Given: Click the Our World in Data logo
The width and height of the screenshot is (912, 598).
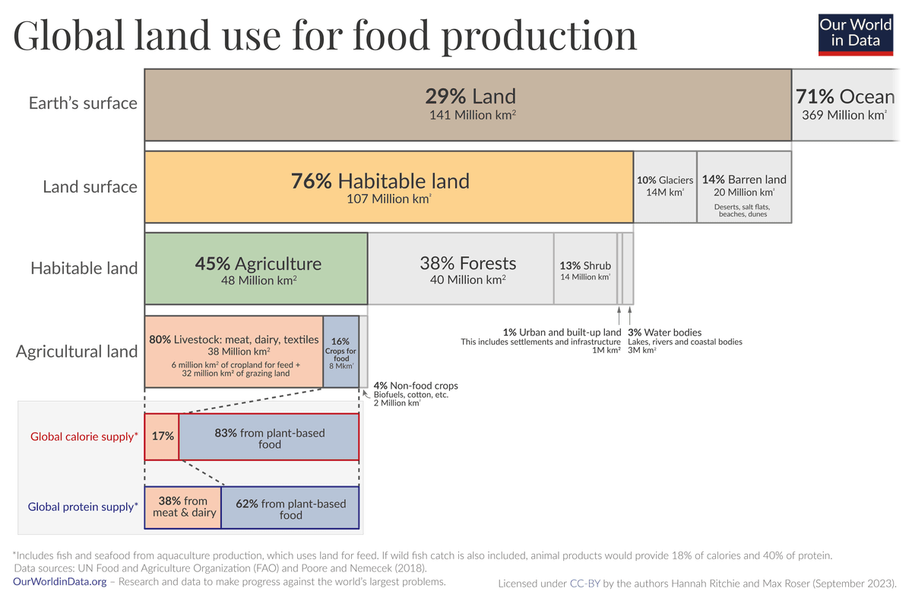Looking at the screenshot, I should coord(854,33).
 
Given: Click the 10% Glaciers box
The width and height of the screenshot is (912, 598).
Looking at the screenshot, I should coord(665,186).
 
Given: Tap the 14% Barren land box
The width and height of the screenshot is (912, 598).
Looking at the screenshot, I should coord(744,186).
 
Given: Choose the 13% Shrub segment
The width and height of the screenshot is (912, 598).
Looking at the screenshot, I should coord(585,269).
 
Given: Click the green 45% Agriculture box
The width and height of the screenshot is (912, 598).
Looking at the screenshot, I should coord(256,269).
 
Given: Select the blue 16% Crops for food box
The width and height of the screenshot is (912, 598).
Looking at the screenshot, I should coord(341,351).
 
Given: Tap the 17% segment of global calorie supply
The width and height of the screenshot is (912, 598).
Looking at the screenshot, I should coord(162,437).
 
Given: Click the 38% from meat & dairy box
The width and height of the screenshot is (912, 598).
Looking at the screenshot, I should coord(182,507).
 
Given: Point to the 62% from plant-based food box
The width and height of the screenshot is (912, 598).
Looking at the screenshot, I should coord(290,508).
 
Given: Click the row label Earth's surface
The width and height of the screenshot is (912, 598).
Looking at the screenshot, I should coord(83,103).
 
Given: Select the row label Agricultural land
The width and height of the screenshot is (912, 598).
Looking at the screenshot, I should coord(77,351).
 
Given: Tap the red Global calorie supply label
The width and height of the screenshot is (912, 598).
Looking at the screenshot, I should coord(84,437).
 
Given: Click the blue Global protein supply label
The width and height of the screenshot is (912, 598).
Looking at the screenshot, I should coord(83,506).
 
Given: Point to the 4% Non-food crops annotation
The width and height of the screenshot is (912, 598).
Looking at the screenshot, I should coord(415,386).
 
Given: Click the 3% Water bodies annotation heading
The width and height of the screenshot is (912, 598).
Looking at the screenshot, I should coord(664,332).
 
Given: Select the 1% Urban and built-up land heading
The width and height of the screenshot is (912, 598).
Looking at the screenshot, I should coord(562,332).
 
